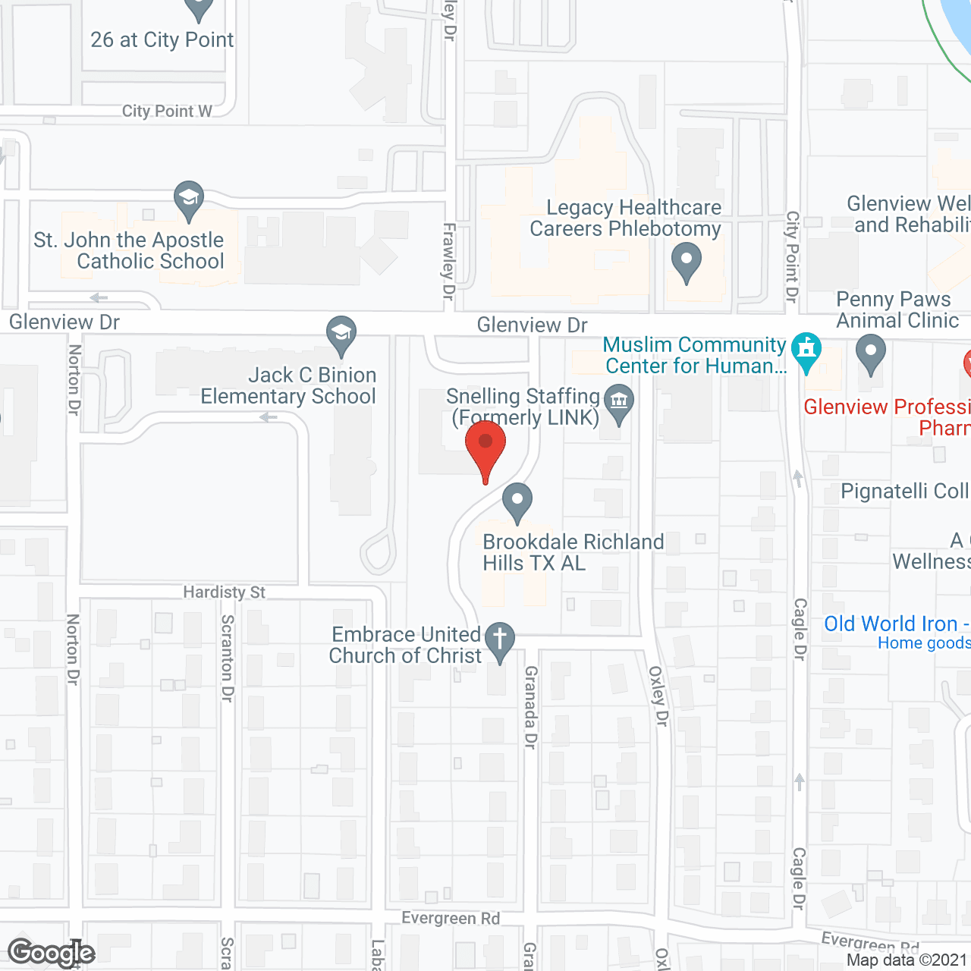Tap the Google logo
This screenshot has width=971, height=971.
[51, 952]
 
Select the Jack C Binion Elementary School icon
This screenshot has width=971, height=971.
[341, 335]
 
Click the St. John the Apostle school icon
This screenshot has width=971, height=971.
[188, 200]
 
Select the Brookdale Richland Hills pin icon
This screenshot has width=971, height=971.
[517, 501]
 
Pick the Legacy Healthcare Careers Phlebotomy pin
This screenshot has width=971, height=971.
[687, 261]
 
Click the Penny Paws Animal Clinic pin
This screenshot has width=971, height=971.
[871, 354]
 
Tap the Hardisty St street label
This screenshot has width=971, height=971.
[224, 592]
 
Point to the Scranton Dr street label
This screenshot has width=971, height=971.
[227, 658]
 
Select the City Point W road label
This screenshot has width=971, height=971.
[167, 112]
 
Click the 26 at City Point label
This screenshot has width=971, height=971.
[162, 40]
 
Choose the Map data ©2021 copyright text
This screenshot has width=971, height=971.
[907, 960]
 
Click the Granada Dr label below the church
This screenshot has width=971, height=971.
[530, 707]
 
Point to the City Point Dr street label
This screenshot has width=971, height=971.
[792, 256]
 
